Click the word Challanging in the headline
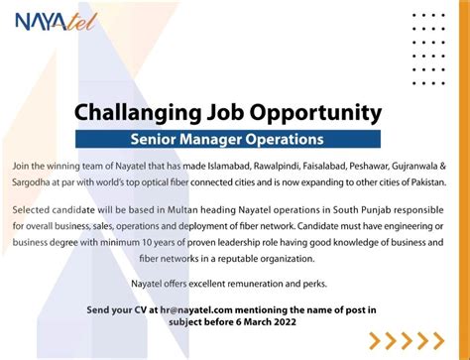pyautogui.click(x=135, y=110)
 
